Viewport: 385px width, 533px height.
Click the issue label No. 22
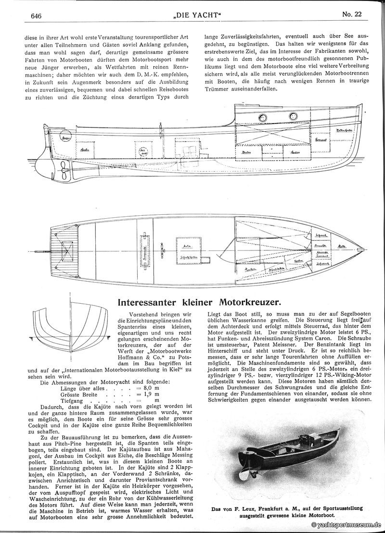click(x=352, y=15)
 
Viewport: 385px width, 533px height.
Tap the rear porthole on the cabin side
click(x=263, y=118)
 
